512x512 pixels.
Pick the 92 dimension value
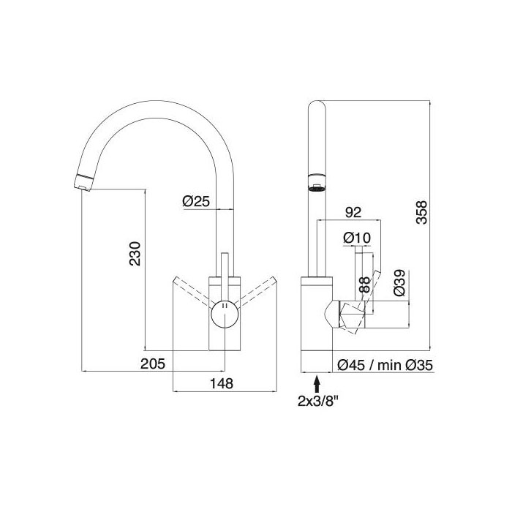click(x=353, y=213)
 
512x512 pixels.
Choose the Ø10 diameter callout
click(x=355, y=238)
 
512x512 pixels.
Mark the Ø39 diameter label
click(x=399, y=283)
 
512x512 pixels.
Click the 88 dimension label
click(x=364, y=284)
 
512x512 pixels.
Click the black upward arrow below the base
click(x=316, y=383)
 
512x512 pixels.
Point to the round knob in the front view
click(x=225, y=316)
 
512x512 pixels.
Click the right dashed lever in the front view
click(x=256, y=293)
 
